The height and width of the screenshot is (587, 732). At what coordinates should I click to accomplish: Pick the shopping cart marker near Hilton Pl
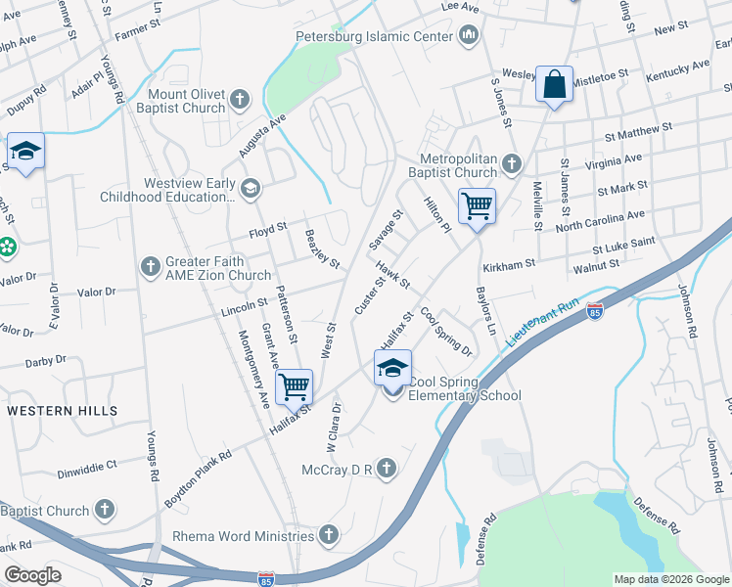pyautogui.click(x=477, y=206)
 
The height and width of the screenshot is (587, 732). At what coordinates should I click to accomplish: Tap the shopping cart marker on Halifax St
pyautogui.click(x=294, y=386)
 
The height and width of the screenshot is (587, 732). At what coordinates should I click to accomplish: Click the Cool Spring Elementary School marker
pyautogui.click(x=392, y=369)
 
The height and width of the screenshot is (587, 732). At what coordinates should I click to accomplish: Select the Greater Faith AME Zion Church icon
pyautogui.click(x=150, y=265)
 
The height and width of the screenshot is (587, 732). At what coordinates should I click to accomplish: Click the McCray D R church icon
pyautogui.click(x=388, y=469)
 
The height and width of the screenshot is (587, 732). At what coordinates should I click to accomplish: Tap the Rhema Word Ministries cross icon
pyautogui.click(x=329, y=535)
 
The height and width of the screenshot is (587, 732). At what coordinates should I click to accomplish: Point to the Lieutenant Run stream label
pyautogui.click(x=544, y=324)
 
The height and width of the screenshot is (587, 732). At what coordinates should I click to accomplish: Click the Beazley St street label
pyautogui.click(x=322, y=249)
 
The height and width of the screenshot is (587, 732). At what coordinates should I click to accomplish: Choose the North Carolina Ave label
pyautogui.click(x=600, y=220)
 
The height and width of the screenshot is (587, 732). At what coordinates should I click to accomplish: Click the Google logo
pyautogui.click(x=33, y=574)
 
